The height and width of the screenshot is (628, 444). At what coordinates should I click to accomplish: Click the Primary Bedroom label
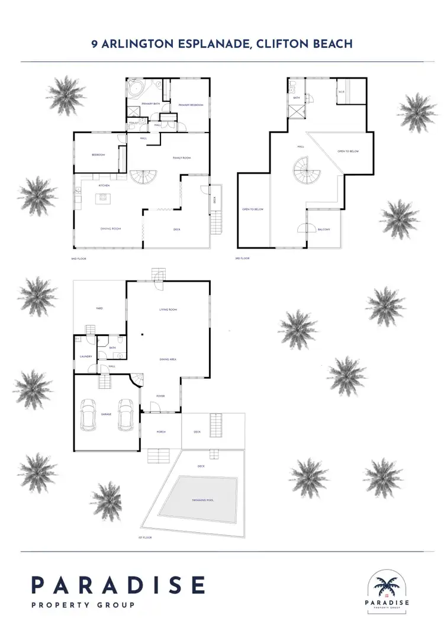tap(191, 105)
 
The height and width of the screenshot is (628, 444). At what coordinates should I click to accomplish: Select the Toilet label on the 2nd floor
tap(134, 123)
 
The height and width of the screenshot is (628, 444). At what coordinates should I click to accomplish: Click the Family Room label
tap(181, 158)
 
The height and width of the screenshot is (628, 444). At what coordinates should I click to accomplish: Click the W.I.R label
tap(341, 92)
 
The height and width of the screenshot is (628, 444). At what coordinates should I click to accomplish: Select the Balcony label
tap(323, 229)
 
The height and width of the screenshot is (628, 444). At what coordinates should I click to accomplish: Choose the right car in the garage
tap(125, 414)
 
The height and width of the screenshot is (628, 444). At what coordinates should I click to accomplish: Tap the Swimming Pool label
tap(202, 500)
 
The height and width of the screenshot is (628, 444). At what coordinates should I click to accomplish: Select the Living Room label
tap(168, 310)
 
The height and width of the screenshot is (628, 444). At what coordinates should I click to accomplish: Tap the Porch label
tap(160, 432)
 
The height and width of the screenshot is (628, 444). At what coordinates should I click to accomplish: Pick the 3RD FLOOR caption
tap(243, 259)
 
